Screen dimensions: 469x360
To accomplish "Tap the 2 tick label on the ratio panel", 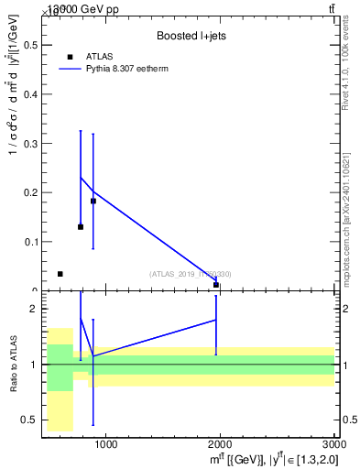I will (x=30, y=309).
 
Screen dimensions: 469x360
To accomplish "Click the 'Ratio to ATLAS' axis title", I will (x=13, y=365).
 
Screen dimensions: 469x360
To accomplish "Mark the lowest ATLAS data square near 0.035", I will (x=60, y=274).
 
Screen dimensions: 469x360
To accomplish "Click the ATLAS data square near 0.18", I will (x=93, y=201).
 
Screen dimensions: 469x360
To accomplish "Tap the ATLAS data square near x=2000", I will (x=216, y=285).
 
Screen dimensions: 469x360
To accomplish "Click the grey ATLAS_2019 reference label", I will (x=191, y=274).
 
